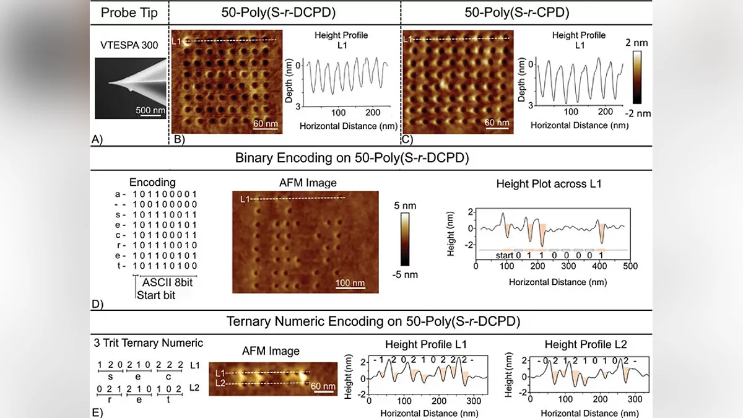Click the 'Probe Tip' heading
click(x=129, y=12)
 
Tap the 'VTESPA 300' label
click(x=129, y=45)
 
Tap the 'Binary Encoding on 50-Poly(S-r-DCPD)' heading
click(x=352, y=158)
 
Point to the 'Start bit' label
click(x=156, y=295)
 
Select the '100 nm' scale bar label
click(x=350, y=284)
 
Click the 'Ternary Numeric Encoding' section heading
click(x=373, y=321)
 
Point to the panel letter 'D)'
click(x=97, y=304)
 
